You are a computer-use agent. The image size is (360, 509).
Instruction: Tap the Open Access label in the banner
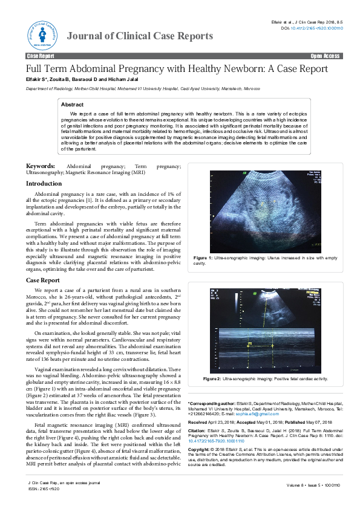tap(325, 56)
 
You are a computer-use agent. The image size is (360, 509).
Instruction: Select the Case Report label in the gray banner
tap(41, 56)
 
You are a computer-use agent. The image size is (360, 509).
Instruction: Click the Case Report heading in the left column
tap(42, 280)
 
